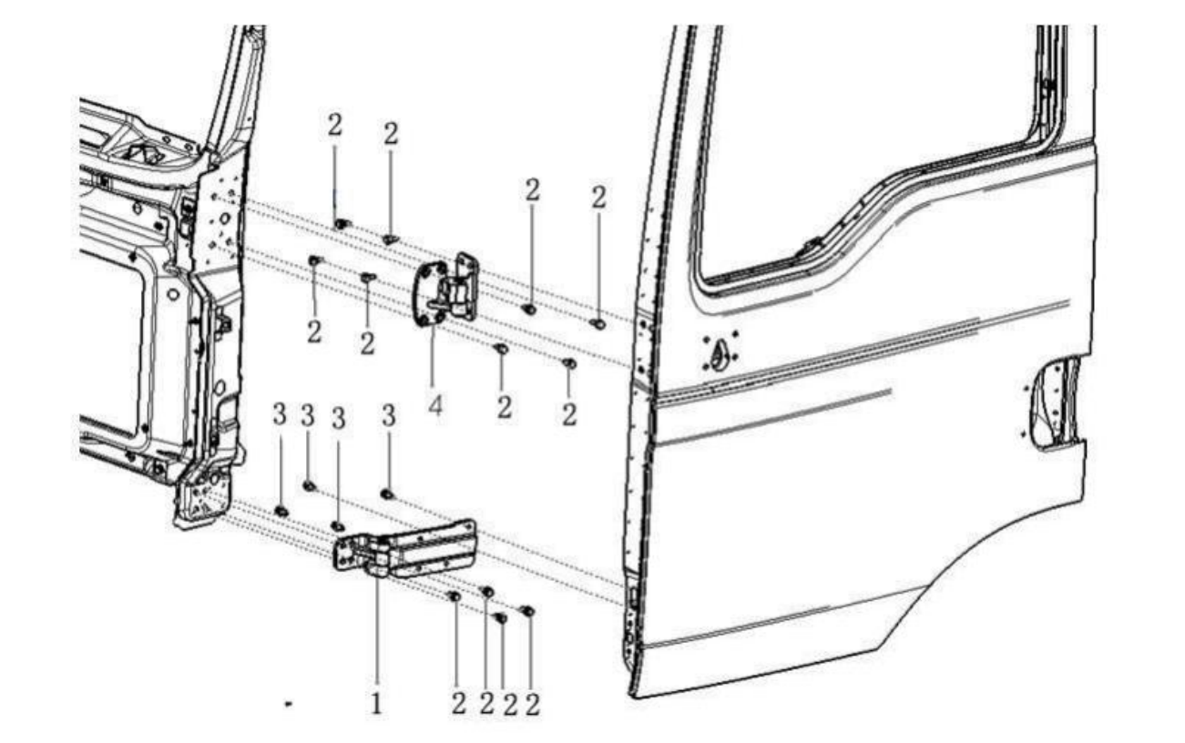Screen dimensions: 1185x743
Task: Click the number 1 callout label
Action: (x=376, y=704)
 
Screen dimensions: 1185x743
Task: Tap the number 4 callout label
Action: (x=434, y=405)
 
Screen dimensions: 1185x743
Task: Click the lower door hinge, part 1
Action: (x=405, y=548)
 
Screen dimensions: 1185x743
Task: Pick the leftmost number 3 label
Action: (x=280, y=414)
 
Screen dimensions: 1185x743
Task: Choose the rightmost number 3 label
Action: (x=389, y=416)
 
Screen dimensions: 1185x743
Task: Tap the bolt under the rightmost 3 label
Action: (x=387, y=494)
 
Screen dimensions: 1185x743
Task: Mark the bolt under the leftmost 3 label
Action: (x=281, y=511)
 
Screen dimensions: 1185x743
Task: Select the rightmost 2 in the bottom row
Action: (x=533, y=705)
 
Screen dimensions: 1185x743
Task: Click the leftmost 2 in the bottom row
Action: (x=459, y=704)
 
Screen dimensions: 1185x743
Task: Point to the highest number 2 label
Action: (x=335, y=126)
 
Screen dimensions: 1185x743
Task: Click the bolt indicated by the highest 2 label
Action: (x=342, y=224)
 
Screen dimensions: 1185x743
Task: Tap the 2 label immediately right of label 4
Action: (x=505, y=407)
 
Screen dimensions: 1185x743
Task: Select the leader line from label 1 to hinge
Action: (x=377, y=630)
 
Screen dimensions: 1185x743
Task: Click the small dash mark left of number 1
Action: (x=289, y=704)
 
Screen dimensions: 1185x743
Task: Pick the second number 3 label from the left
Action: (x=308, y=415)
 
